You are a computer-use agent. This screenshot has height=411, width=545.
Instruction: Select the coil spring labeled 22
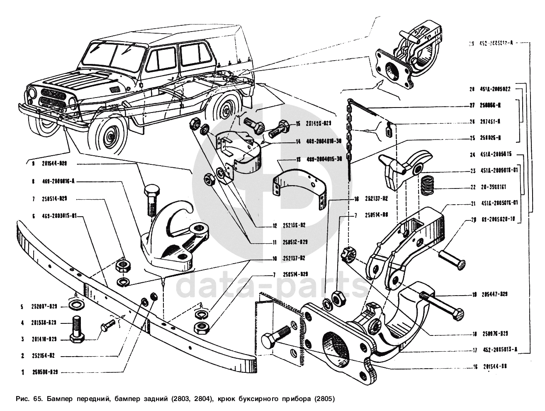coord(427,185)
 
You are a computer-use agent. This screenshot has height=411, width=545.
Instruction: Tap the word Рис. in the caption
coord(22,399)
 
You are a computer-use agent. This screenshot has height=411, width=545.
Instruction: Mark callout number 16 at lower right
coord(474,367)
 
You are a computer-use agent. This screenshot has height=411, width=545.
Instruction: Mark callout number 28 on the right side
coord(472,89)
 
